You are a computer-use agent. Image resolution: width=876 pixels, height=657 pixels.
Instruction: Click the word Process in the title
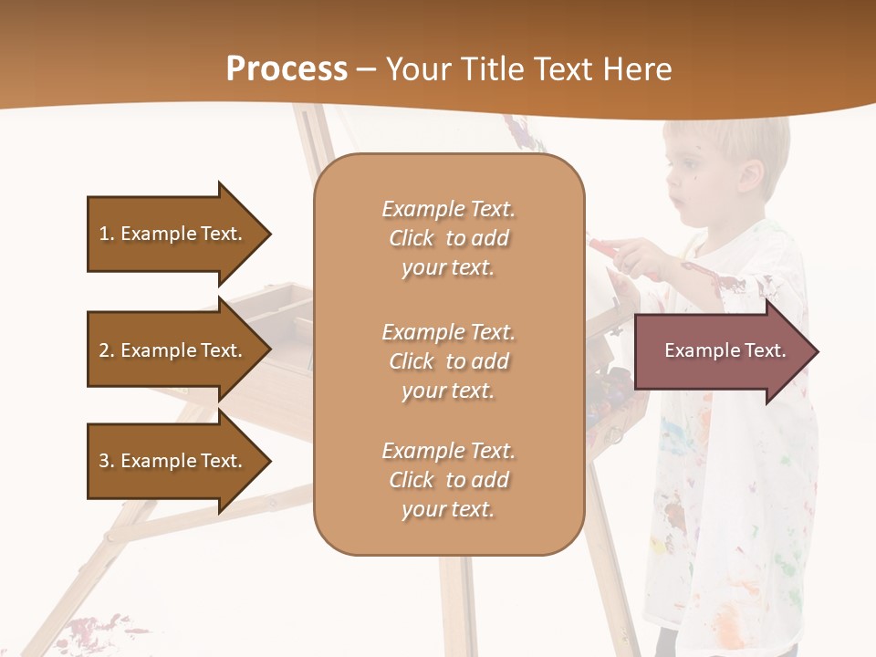pyautogui.click(x=287, y=69)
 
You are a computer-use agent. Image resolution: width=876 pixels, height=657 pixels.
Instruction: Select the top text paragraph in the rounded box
pyautogui.click(x=448, y=238)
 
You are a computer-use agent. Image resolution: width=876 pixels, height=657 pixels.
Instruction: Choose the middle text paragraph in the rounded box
pyautogui.click(x=448, y=361)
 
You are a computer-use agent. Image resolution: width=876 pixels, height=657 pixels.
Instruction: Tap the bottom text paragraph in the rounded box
pyautogui.click(x=448, y=480)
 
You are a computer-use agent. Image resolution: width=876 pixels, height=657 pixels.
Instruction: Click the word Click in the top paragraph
pyautogui.click(x=412, y=238)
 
